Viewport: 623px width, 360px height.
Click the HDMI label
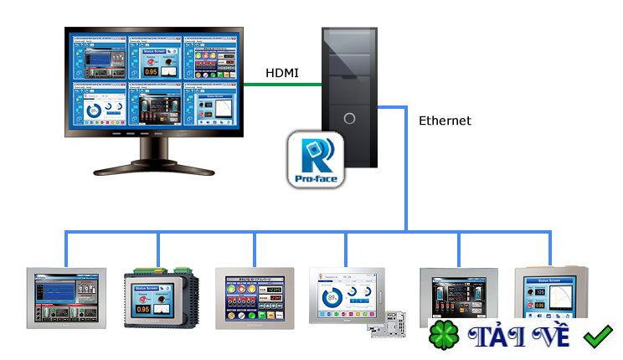coord(283,72)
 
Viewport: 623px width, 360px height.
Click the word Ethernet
coord(445,121)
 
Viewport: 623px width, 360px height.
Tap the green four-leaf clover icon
coord(445,336)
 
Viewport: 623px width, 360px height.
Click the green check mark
coord(598,337)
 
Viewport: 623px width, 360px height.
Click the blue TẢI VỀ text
coord(519,337)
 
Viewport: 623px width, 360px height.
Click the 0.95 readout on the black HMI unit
coord(143,308)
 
